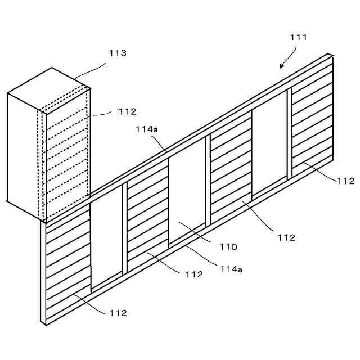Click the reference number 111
(299, 38)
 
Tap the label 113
(118, 53)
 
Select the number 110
(229, 246)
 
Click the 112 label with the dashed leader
(128, 111)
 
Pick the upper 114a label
(147, 129)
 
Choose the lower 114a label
(231, 269)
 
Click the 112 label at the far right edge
(345, 181)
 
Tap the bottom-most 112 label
(118, 313)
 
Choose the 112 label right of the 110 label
(286, 237)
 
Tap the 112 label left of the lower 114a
(193, 274)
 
